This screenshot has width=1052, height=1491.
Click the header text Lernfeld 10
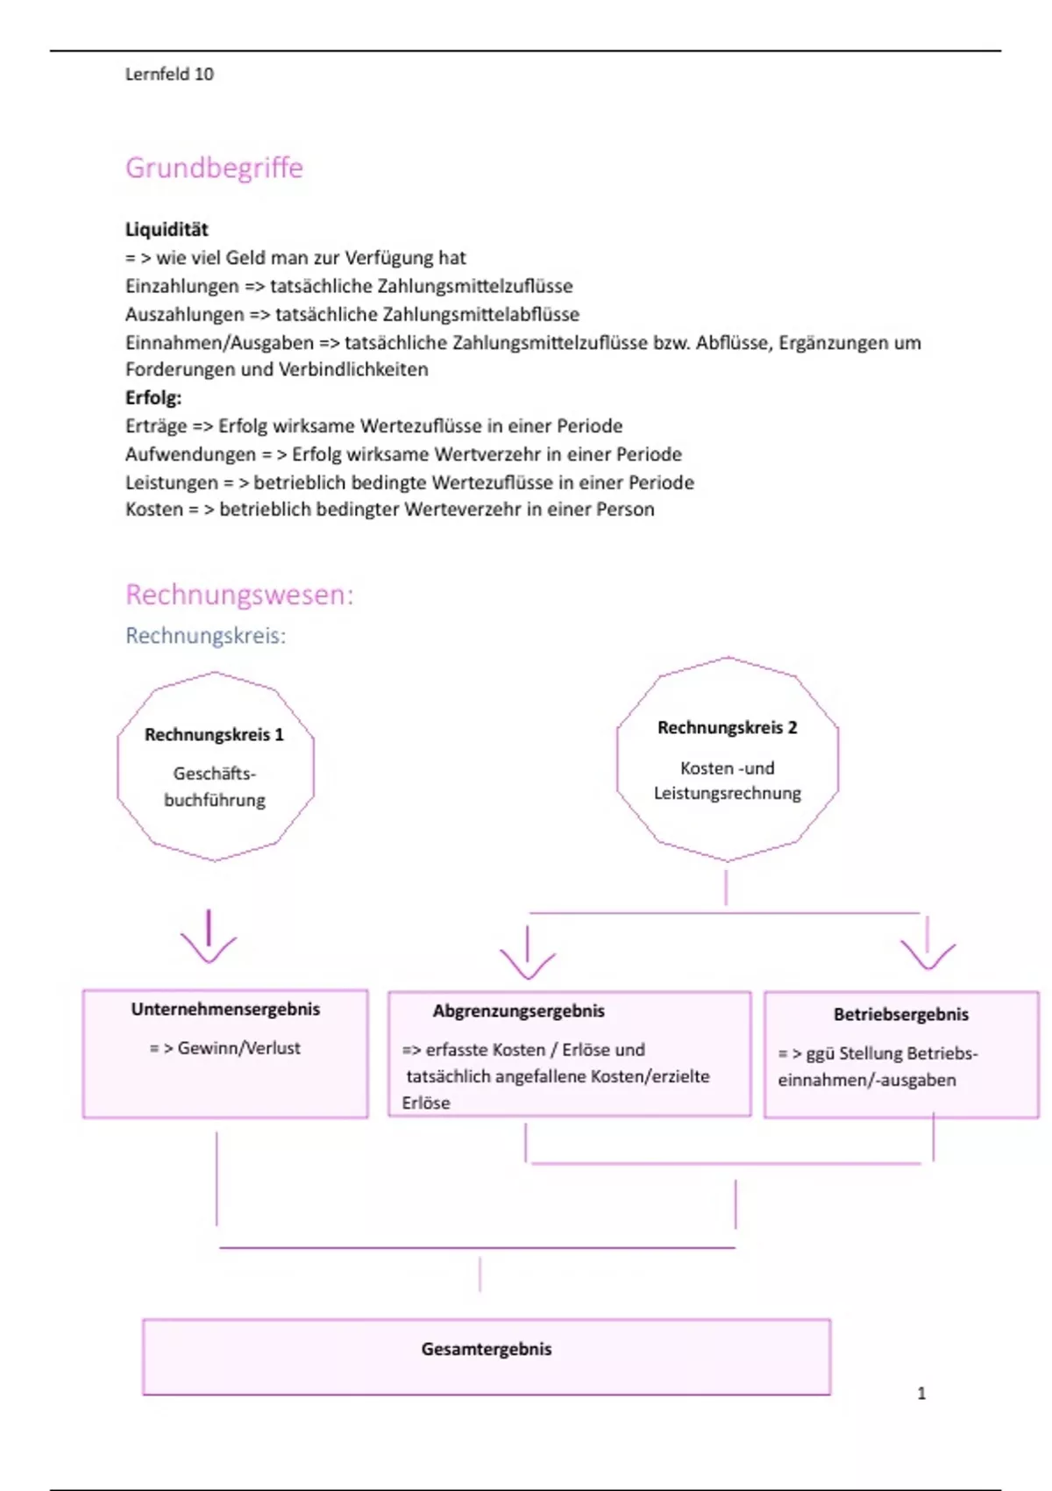coord(169,75)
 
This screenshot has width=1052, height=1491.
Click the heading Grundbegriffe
coord(214,168)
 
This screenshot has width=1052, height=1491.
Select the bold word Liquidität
coord(167,230)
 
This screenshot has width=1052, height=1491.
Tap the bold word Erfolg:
coord(153,398)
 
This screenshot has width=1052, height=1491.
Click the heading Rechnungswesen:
coord(239,595)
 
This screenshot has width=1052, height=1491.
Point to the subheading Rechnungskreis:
coord(205,636)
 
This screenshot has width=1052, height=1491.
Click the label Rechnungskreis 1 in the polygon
coord(214,735)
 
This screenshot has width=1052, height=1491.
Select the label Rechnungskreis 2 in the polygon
coord(727,728)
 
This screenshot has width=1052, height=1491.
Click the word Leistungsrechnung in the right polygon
coord(727,794)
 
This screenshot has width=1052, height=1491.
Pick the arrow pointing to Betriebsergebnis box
coord(928,945)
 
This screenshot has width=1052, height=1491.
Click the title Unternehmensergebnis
coord(225,1009)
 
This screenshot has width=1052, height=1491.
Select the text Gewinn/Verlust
coord(238,1048)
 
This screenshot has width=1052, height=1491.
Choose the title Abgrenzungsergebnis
coord(518,1011)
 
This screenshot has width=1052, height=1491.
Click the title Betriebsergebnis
coord(900,1015)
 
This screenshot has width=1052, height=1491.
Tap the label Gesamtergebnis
coord(487,1350)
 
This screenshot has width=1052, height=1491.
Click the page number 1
coord(921,1394)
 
